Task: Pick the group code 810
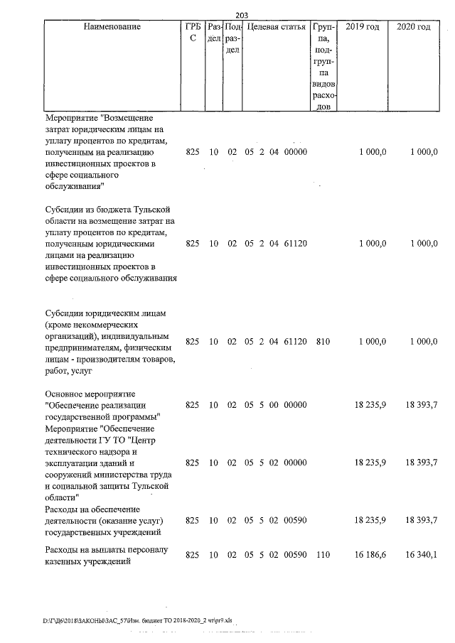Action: point(323,342)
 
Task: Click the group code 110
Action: point(323,553)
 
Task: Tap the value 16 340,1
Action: point(422,553)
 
